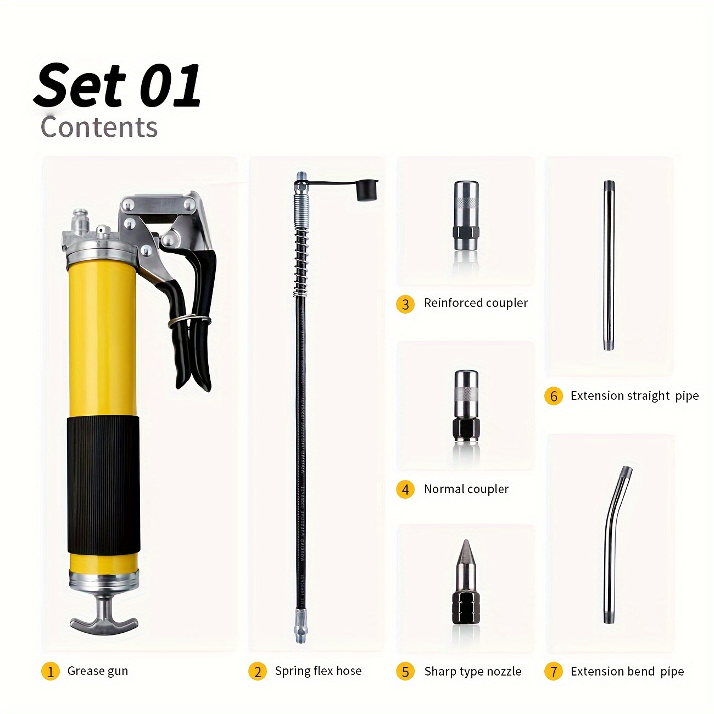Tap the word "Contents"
(x=99, y=127)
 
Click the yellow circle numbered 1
(x=51, y=671)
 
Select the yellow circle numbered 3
(x=405, y=304)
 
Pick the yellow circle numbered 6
(x=554, y=395)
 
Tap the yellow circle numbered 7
(x=554, y=671)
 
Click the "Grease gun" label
(x=97, y=671)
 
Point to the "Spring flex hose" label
(x=319, y=671)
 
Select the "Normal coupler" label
(x=466, y=489)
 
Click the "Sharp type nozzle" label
(x=473, y=671)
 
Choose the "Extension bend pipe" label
(x=627, y=671)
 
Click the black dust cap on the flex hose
(x=367, y=191)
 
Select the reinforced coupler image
(x=466, y=215)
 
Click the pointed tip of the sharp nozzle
(x=466, y=541)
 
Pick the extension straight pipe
(x=609, y=265)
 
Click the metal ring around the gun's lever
(x=189, y=320)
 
